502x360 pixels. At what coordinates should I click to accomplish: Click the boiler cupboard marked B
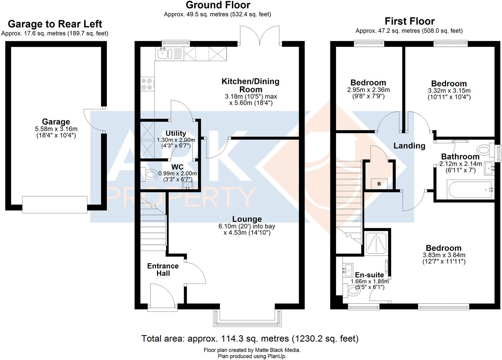(x=379, y=184)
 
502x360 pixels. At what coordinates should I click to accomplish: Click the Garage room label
(x=56, y=122)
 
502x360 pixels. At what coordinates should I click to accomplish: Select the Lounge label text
(x=247, y=219)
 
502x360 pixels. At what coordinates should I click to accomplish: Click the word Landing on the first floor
(x=409, y=146)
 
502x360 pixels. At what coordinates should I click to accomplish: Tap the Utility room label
(x=176, y=133)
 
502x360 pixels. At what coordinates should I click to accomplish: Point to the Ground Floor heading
(x=218, y=5)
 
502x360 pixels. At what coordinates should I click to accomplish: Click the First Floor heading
(x=410, y=21)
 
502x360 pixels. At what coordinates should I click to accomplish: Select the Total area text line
(x=250, y=339)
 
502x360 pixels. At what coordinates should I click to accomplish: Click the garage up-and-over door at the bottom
(x=55, y=204)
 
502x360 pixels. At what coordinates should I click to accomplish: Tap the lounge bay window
(x=247, y=318)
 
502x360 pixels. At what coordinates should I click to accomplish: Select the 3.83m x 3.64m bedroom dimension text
(x=444, y=255)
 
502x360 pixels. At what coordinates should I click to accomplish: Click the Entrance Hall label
(x=163, y=269)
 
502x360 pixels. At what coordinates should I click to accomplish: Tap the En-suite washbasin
(x=348, y=270)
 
